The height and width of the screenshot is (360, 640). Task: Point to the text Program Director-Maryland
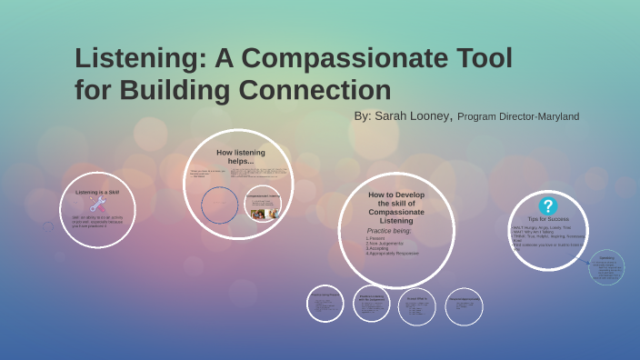(x=518, y=117)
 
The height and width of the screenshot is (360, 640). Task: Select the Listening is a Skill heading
(x=97, y=193)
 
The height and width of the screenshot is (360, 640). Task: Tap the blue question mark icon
(x=547, y=206)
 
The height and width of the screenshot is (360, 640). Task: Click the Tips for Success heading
(x=547, y=220)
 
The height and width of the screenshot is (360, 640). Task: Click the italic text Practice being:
(x=388, y=231)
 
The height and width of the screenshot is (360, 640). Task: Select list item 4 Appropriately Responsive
(x=393, y=253)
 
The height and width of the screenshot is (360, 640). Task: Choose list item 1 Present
(x=376, y=238)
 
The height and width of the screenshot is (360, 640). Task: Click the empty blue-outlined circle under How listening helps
(x=220, y=205)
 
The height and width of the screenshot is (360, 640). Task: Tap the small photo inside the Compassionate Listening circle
(x=258, y=215)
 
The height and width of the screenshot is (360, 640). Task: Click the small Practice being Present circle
(x=325, y=305)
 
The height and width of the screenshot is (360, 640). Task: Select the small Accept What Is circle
(x=417, y=306)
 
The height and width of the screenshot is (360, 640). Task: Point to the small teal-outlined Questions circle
(x=606, y=267)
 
